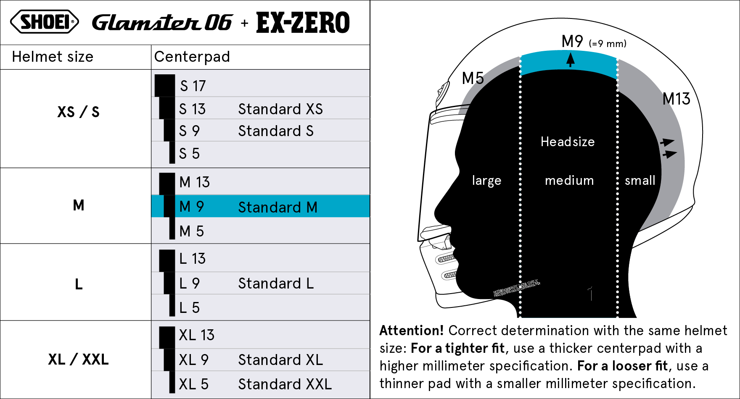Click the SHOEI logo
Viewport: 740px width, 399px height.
pos(44,22)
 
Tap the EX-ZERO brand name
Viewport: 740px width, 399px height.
pos(303,23)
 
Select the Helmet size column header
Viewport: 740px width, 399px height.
pos(53,57)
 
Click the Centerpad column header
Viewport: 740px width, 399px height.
pos(192,57)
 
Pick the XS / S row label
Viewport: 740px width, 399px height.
pos(78,112)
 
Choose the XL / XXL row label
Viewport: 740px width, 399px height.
pos(78,360)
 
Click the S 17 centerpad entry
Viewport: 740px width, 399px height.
pos(193,86)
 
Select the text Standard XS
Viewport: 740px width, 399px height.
pos(280,109)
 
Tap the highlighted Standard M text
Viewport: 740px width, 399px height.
pos(277,207)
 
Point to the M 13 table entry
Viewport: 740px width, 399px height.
pos(194,182)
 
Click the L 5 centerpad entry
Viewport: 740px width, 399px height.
pos(189,308)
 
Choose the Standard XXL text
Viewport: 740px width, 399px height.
pos(285,384)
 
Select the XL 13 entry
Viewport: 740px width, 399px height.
pos(196,335)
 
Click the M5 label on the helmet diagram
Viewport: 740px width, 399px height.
pos(473,79)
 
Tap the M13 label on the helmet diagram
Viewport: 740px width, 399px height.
pos(676,99)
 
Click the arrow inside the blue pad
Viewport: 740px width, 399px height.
pos(570,60)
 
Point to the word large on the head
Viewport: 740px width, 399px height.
pos(486,181)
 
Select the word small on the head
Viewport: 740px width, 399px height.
pos(640,181)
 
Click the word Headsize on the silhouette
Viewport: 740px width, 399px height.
pos(568,142)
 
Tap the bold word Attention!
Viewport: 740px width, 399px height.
pos(411,331)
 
